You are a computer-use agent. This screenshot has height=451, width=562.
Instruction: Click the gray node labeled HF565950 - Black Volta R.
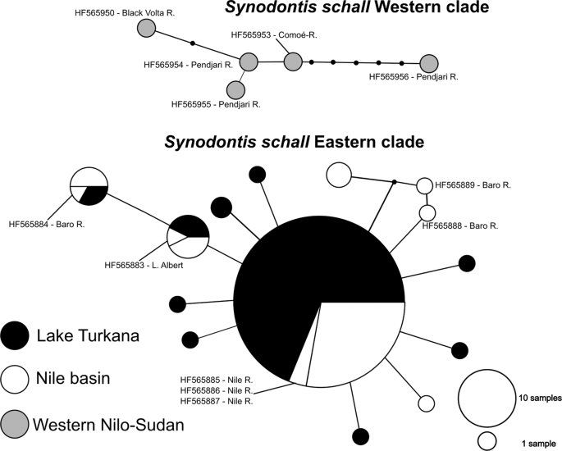pyautogui.click(x=146, y=29)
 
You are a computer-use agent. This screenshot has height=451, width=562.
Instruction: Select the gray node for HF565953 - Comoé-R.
pyautogui.click(x=293, y=61)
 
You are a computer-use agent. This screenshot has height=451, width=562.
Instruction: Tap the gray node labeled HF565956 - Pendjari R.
pyautogui.click(x=428, y=63)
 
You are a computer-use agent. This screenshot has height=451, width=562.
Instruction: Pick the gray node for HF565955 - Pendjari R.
pyautogui.click(x=236, y=89)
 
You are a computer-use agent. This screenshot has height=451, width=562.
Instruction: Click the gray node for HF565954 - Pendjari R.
pyautogui.click(x=249, y=61)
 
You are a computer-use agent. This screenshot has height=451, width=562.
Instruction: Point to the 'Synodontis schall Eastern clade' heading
pyautogui.click(x=294, y=142)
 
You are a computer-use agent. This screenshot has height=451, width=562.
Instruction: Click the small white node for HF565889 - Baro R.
pyautogui.click(x=424, y=185)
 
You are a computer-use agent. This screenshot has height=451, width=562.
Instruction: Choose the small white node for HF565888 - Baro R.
pyautogui.click(x=427, y=213)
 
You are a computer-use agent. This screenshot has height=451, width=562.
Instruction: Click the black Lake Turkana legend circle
pyautogui.click(x=16, y=336)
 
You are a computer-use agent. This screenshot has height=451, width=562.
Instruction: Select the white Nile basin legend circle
pyautogui.click(x=16, y=380)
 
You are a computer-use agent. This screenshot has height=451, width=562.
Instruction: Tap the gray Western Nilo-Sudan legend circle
pyautogui.click(x=16, y=424)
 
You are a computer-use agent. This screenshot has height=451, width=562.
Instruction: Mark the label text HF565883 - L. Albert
pyautogui.click(x=145, y=265)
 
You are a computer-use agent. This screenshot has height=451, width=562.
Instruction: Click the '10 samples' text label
pyautogui.click(x=539, y=398)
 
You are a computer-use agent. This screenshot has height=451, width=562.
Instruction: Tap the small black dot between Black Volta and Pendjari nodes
pyautogui.click(x=193, y=43)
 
